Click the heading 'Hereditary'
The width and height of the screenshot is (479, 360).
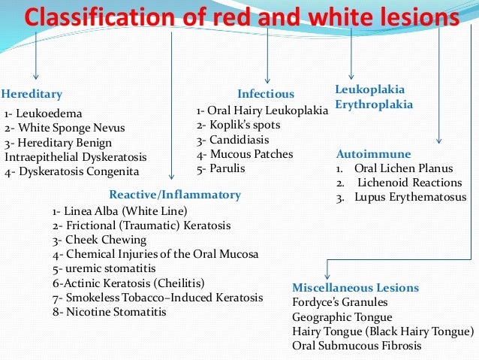point(32,95)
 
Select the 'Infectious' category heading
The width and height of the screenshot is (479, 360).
point(266,95)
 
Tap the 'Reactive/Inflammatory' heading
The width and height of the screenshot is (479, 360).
point(175,195)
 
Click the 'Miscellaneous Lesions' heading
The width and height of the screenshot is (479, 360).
point(355,288)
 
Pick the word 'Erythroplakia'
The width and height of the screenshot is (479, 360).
point(374,104)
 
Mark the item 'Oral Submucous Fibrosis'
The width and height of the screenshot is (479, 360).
point(357,346)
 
